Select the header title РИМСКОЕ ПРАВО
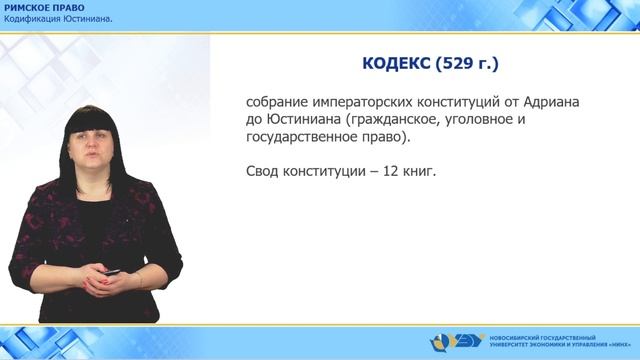pyautogui.click(x=43, y=8)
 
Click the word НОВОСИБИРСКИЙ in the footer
pyautogui.click(x=514, y=335)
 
